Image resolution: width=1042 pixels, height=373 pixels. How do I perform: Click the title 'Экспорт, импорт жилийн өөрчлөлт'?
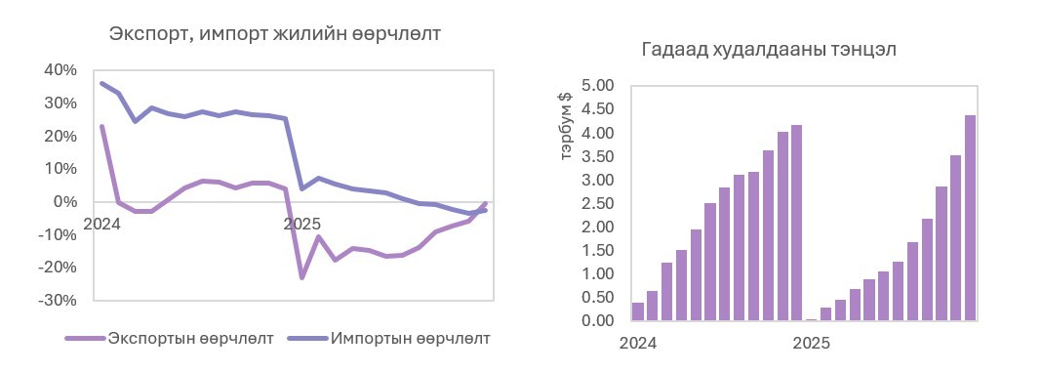pos(274,34)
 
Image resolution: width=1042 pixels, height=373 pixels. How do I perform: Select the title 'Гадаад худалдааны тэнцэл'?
pos(769,50)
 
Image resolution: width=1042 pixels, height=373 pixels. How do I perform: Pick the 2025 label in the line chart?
pos(301,224)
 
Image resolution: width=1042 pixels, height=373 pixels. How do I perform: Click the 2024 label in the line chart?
pos(102,224)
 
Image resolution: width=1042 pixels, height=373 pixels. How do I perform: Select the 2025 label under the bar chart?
pos(811,344)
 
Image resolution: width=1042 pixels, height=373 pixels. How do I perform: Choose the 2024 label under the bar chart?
pos(638,344)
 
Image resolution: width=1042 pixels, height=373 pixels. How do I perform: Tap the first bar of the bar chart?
pos(638,311)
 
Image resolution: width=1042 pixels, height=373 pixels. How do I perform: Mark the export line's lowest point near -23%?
pos(301,277)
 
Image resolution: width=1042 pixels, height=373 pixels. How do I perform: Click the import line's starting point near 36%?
pos(102,84)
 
